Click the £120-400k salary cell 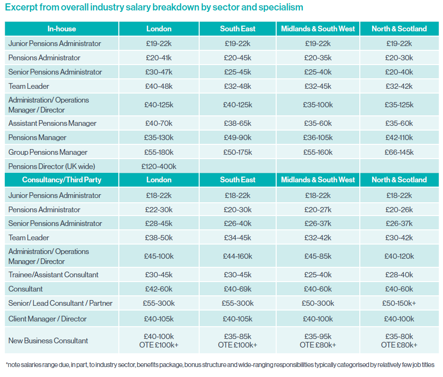point(159,167)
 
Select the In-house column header point(62,29)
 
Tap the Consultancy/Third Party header point(62,180)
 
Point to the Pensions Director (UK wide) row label point(52,167)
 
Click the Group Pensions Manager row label point(48,152)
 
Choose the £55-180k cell point(159,152)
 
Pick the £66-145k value point(399,152)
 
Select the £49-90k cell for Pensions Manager point(238,138)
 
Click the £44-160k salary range point(238,256)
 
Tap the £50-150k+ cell point(399,303)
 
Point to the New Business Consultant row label point(48,340)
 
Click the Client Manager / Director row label point(48,319)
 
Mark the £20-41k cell point(159,58)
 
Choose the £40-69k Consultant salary point(238,289)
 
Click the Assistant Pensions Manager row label point(52,123)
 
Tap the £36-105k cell point(318,138)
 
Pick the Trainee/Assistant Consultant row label point(53,275)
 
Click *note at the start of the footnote point(13,365)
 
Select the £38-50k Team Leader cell point(159,238)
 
